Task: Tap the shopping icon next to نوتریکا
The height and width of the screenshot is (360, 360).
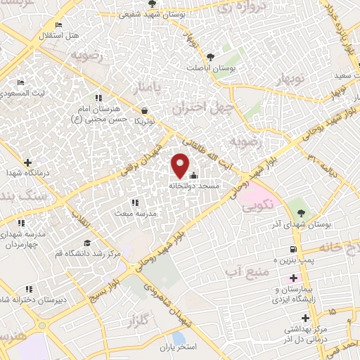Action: click(x=145, y=110)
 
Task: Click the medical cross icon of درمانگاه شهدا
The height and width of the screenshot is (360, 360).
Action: click(x=27, y=163)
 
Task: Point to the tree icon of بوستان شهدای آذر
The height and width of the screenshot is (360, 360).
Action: click(x=302, y=213)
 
